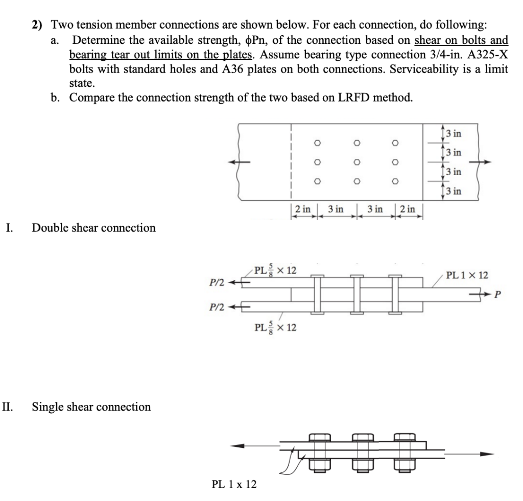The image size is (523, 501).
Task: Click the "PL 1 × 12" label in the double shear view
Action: (467, 276)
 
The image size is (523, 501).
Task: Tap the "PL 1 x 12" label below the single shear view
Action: (234, 484)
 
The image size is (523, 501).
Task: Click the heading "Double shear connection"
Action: (93, 228)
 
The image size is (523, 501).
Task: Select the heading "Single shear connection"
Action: (91, 407)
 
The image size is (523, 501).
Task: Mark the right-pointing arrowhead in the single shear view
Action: (488, 454)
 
